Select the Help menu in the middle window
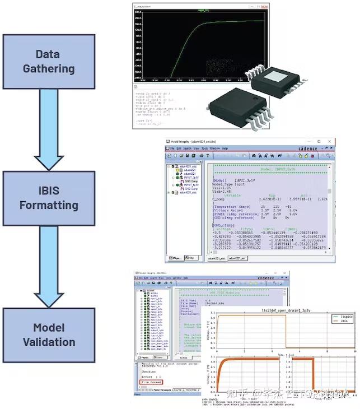(x=225, y=148)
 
